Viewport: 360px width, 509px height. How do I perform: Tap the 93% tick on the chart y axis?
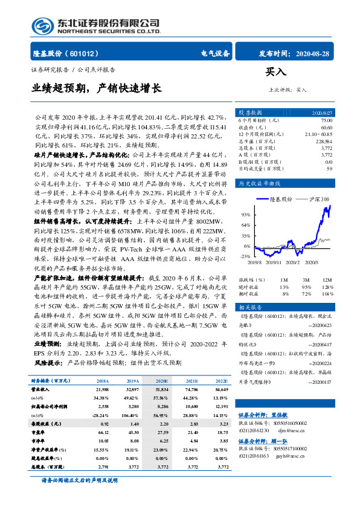[x=245, y=215]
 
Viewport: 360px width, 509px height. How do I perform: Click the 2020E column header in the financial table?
[x=161, y=381]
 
